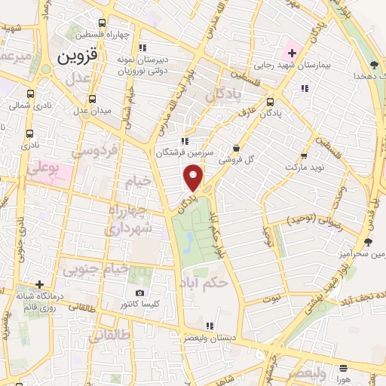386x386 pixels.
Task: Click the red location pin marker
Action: pos(194,178)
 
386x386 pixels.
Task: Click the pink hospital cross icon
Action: pos(290,54)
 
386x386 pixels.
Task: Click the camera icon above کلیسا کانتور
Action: pos(139,293)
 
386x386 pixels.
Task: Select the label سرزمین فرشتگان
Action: pos(183,152)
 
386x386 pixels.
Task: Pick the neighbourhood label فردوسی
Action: pos(96,152)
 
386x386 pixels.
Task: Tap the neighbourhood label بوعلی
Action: pos(42,170)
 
